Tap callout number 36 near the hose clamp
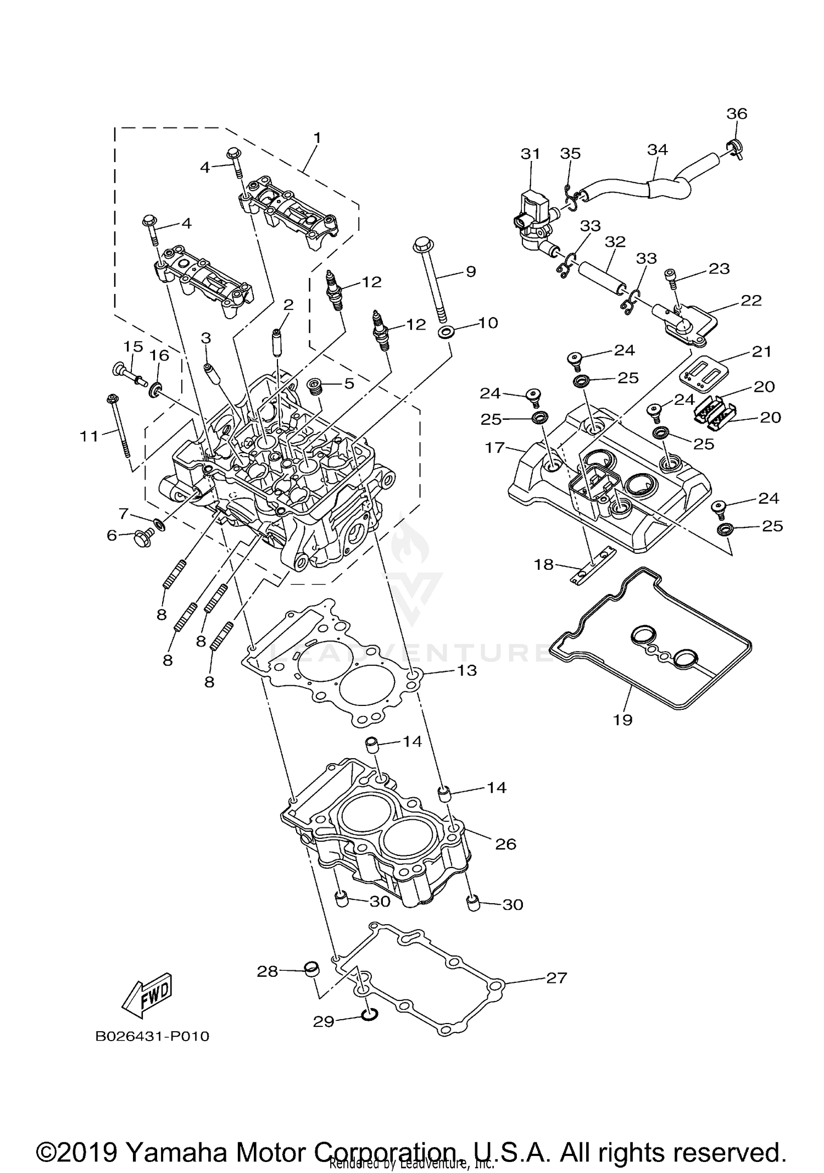[x=737, y=114]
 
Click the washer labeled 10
[x=446, y=332]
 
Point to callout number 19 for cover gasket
[x=623, y=719]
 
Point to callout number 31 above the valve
[x=530, y=154]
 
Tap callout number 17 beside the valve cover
[x=494, y=447]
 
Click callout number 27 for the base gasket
[x=556, y=977]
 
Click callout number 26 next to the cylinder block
[x=505, y=843]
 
